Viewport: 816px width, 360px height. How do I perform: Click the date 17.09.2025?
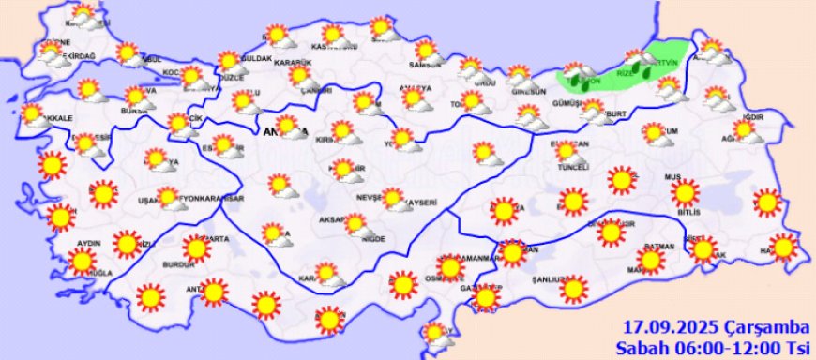[672, 327]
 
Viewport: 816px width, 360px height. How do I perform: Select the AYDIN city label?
[88, 243]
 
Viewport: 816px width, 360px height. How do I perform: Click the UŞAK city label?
[148, 200]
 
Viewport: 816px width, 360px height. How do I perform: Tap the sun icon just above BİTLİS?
[686, 193]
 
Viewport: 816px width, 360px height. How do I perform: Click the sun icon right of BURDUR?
[196, 248]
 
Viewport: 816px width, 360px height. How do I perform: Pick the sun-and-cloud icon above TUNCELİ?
[566, 151]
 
